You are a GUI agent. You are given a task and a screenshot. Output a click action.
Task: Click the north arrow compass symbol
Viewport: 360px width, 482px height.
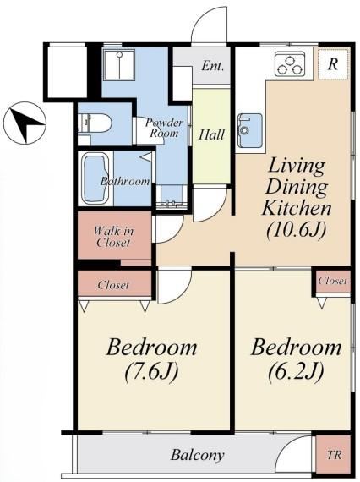click(25, 123)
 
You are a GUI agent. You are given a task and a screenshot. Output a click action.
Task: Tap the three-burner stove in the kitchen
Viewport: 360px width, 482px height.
click(290, 64)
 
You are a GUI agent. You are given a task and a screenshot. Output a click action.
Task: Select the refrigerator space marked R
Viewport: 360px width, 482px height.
click(333, 64)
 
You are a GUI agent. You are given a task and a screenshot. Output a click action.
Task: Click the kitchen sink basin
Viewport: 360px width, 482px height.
click(250, 130)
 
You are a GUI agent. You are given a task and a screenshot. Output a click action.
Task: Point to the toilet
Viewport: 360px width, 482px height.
click(95, 123)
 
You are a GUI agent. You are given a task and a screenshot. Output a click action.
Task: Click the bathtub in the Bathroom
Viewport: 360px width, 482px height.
click(95, 179)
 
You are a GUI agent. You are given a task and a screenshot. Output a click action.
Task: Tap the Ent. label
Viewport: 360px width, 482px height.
click(212, 66)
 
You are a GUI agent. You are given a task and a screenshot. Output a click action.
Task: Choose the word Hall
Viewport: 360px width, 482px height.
click(211, 134)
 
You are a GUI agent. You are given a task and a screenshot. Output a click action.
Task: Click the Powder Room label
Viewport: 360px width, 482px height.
click(164, 128)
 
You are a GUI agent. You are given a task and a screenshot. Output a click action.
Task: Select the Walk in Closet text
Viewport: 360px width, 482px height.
click(113, 237)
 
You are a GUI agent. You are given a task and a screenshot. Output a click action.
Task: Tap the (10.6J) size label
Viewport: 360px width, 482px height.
click(297, 230)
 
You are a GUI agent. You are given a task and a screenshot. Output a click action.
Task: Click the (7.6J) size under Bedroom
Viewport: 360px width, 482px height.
click(152, 371)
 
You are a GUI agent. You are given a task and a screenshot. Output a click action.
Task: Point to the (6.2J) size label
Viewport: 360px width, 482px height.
click(296, 371)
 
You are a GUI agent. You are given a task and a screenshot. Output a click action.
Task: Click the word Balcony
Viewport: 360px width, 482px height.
click(198, 455)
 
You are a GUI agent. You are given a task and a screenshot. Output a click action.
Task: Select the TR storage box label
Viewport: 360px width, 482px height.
click(334, 455)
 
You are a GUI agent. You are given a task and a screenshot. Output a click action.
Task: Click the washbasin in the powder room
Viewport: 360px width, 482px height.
click(171, 197)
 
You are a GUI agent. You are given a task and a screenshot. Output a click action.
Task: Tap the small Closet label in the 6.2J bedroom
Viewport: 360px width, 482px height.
click(333, 281)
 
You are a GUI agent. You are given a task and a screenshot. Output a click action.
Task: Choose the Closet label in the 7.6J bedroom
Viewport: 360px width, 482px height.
click(113, 285)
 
